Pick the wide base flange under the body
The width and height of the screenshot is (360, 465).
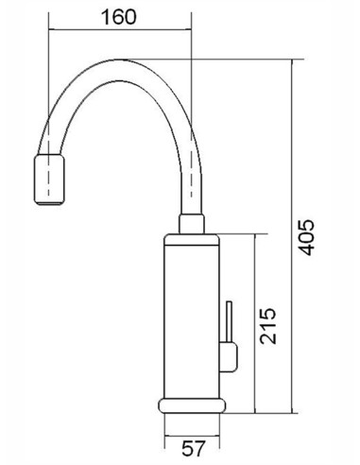coord(193,407)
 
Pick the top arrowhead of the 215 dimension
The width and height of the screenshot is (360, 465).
coord(255,239)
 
